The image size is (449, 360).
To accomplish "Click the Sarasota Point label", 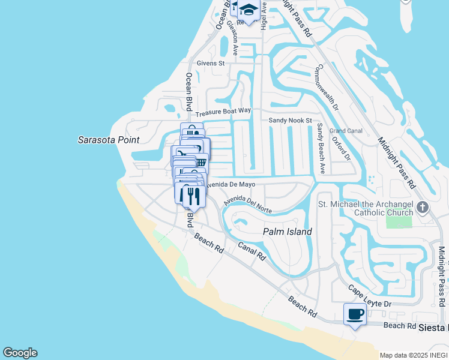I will pos(108,140).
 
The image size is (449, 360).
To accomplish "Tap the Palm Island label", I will pos(288,232).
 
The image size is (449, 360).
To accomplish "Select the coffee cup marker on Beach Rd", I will pos(355,314).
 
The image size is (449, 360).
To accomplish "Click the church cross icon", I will pos(423,208).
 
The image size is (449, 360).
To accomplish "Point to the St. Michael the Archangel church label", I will pos(366,208).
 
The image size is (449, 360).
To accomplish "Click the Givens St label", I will pos(210,62).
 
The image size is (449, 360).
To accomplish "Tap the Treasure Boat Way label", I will pos(223,112).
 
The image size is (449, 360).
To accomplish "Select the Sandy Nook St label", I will pos(290,120).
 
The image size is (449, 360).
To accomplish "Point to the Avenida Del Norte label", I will pos(248,203).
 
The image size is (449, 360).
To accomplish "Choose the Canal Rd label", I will pos(251,250).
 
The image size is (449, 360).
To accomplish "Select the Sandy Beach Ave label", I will pos(321,148).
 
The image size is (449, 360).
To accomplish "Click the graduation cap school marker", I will pos(249,11).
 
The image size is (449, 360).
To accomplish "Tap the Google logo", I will pos(20,353).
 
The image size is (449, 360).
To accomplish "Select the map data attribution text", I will pos(413,355).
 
